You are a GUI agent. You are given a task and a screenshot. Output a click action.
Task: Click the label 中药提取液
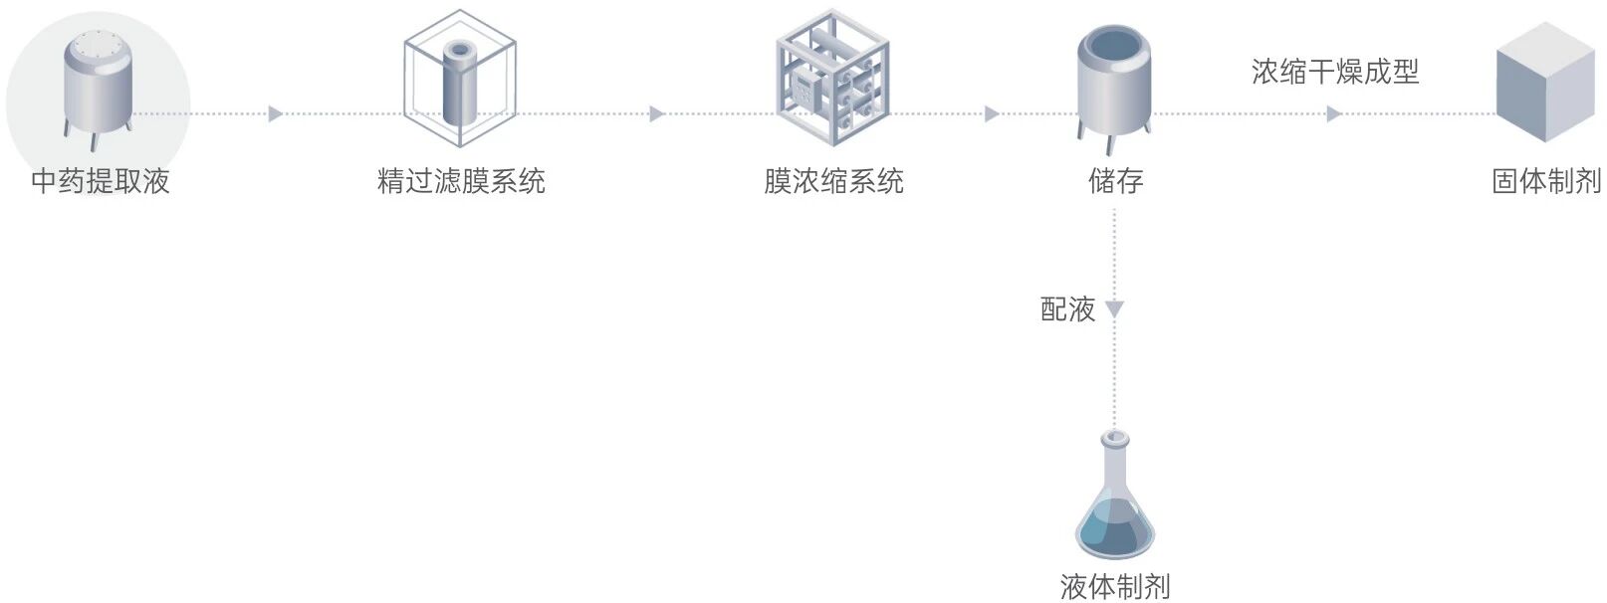(x=101, y=181)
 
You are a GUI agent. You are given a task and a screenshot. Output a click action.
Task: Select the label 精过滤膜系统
(x=461, y=181)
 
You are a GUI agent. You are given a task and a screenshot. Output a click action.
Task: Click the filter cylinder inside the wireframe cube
(x=460, y=82)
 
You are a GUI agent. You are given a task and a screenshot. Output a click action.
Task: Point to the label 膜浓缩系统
(x=833, y=181)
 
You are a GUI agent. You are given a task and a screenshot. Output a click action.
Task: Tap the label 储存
(x=1115, y=181)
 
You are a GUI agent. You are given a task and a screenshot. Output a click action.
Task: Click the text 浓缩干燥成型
(x=1335, y=72)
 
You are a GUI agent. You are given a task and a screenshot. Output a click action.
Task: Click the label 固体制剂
(x=1546, y=181)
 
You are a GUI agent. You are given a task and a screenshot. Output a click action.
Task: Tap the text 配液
(x=1067, y=309)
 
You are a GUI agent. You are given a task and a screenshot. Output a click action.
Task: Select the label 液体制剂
(x=1115, y=587)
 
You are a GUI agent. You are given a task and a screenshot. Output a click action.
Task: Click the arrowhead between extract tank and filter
(x=276, y=114)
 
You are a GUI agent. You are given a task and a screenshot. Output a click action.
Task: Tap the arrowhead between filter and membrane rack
(x=656, y=114)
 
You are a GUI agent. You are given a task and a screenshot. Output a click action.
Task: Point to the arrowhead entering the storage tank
(x=992, y=114)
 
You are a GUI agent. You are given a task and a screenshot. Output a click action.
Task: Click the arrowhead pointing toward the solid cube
(x=1334, y=114)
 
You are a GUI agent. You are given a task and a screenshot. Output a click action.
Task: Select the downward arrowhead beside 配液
(x=1115, y=309)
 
